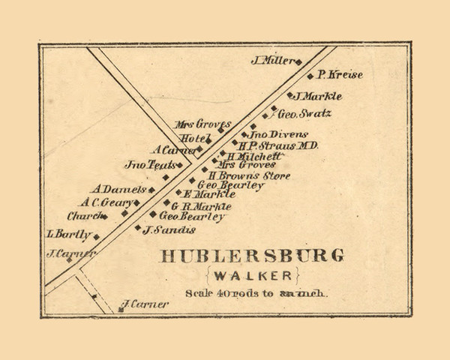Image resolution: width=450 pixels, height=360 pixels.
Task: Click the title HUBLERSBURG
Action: (x=252, y=255)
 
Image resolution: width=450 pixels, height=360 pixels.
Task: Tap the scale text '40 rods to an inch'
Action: (x=256, y=293)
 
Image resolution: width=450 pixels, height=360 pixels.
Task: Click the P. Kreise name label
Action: (x=340, y=75)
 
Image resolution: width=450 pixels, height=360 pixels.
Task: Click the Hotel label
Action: (x=193, y=138)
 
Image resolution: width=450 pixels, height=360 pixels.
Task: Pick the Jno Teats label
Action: (x=150, y=164)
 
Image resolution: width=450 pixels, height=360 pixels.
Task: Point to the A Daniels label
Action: (x=119, y=190)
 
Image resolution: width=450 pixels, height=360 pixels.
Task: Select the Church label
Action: (x=82, y=216)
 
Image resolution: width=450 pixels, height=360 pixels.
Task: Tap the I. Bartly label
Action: (x=68, y=234)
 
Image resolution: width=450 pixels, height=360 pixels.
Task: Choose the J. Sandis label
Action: (x=169, y=229)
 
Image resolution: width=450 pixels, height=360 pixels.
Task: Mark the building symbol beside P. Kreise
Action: (x=310, y=76)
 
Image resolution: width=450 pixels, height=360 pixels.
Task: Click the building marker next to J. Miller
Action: (x=298, y=62)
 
